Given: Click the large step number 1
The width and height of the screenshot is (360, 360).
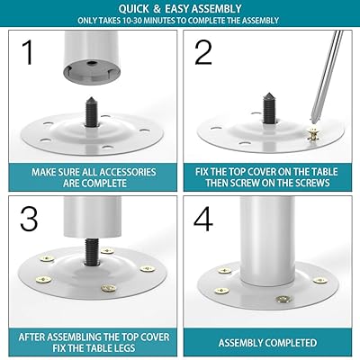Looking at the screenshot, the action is pos(28,52).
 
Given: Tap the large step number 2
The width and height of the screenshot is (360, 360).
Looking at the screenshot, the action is pos(203,52).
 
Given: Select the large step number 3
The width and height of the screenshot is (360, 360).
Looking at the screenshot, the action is pos(29,219).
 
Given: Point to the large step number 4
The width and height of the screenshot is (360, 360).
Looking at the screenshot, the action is pos(203,219).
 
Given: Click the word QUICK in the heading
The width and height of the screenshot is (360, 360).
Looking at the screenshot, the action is pos(133,9).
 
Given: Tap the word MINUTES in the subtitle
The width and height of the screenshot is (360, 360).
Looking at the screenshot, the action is pos(162,21).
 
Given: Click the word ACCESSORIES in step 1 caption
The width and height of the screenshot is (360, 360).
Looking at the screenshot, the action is pos(127,172).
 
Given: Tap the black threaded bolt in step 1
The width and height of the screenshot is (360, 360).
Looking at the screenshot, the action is pos(91,112).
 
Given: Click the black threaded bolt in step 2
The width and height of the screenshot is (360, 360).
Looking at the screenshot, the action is pos(269,109).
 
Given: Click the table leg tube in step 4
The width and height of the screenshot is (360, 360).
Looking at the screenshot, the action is pos(267,240).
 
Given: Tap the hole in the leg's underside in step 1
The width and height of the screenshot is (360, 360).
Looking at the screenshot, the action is pos(92,63).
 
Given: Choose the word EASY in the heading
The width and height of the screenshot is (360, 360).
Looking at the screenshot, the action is pos(177,9).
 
